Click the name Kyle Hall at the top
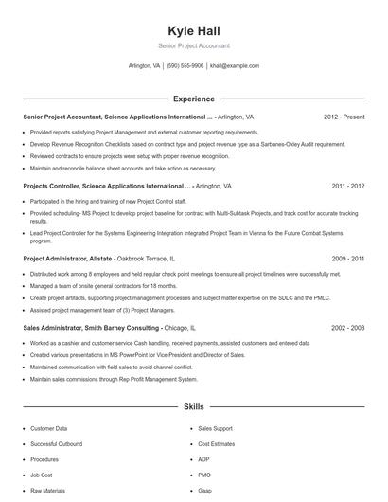[x=193, y=30]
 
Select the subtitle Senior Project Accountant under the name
[x=193, y=45]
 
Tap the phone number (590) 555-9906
[x=185, y=66]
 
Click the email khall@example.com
[x=235, y=66]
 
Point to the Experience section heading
[x=193, y=99]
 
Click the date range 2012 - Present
[x=344, y=117]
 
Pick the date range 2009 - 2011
[x=347, y=258]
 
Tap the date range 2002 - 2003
[x=347, y=327]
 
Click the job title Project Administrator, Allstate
[x=67, y=258]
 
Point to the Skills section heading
[x=193, y=406]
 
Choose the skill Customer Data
[x=49, y=428]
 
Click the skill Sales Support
[x=215, y=428]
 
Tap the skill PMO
[x=205, y=475]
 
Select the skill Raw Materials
[x=48, y=491]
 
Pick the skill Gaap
[x=205, y=491]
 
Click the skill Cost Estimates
[x=217, y=443]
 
